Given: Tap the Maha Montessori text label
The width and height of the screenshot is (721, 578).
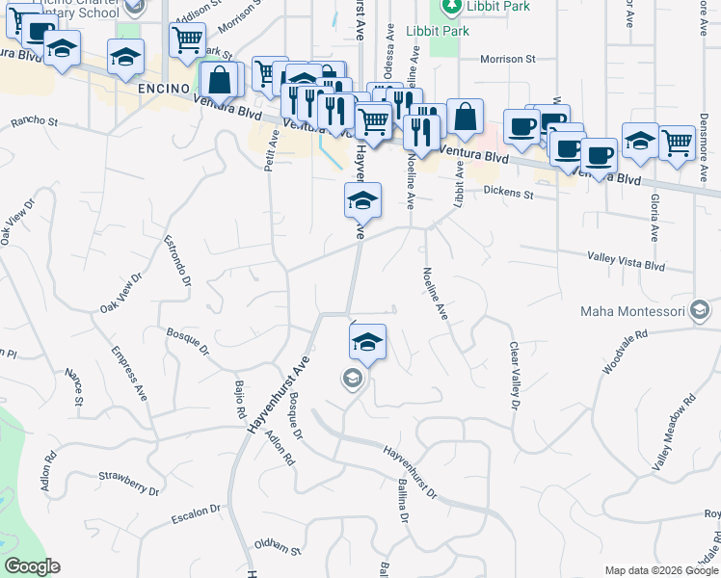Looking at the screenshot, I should (x=632, y=311).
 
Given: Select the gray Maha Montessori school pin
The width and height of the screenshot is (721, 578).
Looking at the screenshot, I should (x=700, y=310).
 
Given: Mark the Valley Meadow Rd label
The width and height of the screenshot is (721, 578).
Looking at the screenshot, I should (x=675, y=432).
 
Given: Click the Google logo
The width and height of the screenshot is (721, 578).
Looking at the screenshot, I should (x=33, y=565).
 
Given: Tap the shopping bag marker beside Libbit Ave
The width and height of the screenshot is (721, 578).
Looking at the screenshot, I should (x=465, y=118).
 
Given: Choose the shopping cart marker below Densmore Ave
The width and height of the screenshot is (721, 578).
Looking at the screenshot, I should (x=678, y=144).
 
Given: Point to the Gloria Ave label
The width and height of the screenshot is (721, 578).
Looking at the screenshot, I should (x=654, y=217).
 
